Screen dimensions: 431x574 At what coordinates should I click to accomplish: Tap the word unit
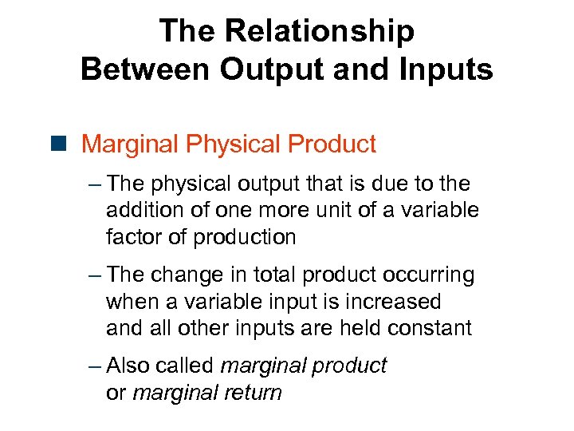[x=345, y=210]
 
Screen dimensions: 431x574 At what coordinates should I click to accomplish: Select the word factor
[x=130, y=237]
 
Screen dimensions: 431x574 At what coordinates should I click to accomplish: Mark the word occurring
[x=430, y=275]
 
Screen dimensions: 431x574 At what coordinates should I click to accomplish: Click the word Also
[x=128, y=366]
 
